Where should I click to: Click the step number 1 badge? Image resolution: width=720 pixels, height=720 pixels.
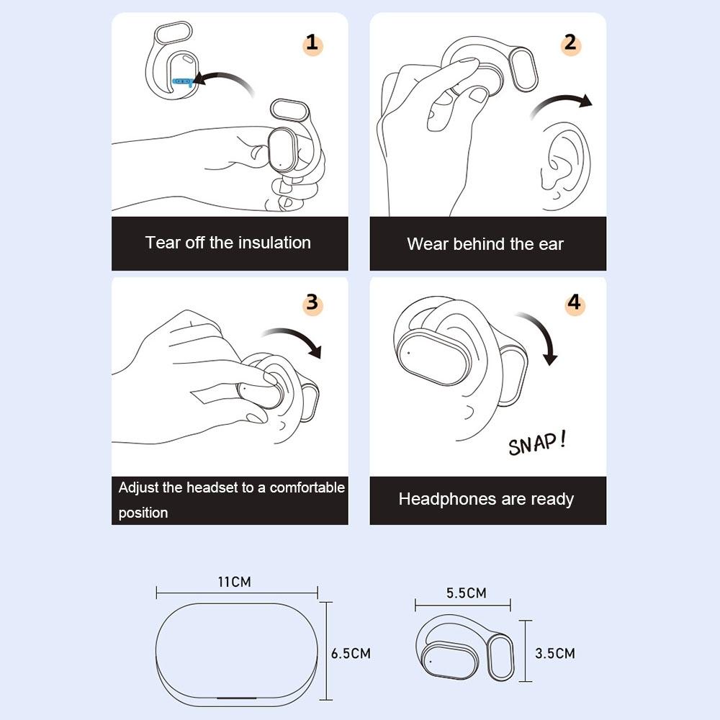click(x=312, y=44)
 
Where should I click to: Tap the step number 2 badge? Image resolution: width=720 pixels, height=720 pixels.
click(x=570, y=44)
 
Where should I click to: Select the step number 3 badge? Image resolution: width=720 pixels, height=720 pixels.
click(x=312, y=302)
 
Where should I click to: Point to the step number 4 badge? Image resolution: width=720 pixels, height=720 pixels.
click(x=573, y=303)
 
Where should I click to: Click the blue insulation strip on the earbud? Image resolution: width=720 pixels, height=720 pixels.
click(x=183, y=81)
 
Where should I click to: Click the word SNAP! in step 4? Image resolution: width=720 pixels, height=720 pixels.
click(x=536, y=443)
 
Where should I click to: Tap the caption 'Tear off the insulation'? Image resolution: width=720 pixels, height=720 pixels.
click(x=228, y=243)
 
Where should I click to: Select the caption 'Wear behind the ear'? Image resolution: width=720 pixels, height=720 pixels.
click(x=485, y=244)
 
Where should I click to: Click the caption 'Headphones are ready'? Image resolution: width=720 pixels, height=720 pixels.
click(x=486, y=499)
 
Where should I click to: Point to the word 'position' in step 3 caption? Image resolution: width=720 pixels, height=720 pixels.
click(x=143, y=513)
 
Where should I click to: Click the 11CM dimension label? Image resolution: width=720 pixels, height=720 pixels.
click(x=235, y=581)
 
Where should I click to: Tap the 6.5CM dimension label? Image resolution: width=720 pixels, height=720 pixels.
click(x=351, y=653)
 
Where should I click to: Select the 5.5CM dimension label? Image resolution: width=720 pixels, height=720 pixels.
click(x=466, y=593)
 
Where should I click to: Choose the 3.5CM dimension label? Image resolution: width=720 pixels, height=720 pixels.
click(x=555, y=653)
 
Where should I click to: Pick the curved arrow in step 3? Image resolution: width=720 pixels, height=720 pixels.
click(x=295, y=338)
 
